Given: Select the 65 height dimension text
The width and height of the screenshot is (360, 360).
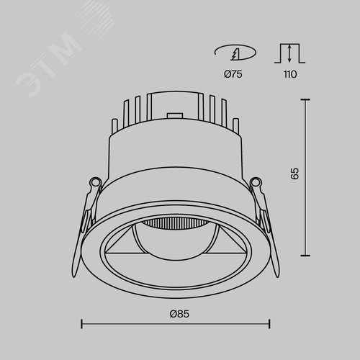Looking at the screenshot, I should click(x=294, y=174).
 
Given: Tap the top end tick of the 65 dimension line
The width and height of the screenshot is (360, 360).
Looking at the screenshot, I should click(x=309, y=100).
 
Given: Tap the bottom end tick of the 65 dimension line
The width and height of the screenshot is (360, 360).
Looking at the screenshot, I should click(x=309, y=254).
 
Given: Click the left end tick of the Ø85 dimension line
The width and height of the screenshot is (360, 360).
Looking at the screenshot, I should click(x=80, y=324).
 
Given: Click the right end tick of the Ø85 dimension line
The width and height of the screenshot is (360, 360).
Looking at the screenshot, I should click(x=270, y=324).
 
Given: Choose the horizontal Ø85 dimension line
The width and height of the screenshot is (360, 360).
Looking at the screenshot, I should click(x=175, y=324).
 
